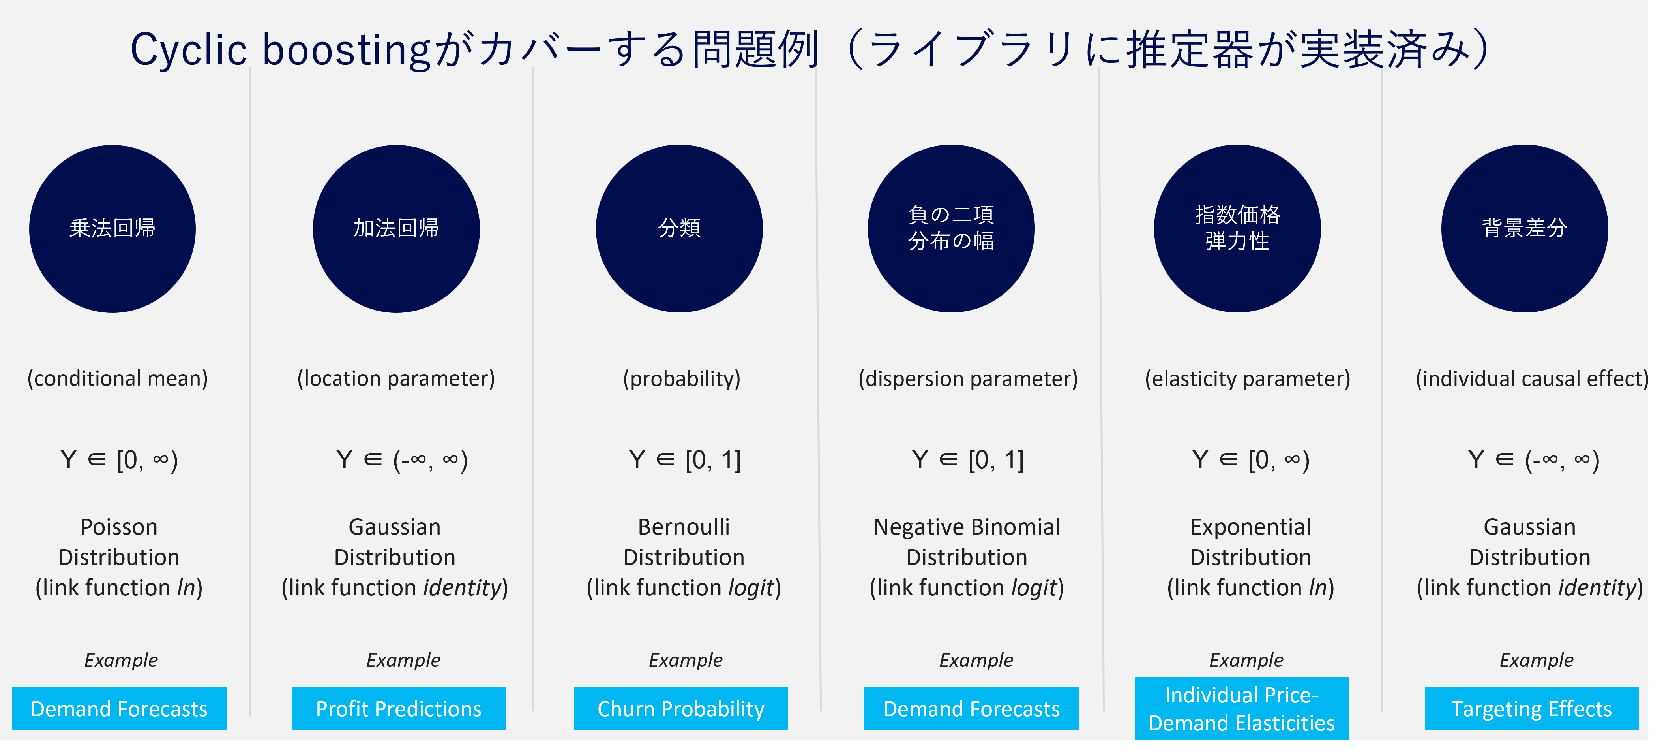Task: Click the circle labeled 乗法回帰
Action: click(x=112, y=229)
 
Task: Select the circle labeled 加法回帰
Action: click(x=396, y=229)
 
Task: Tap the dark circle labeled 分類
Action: click(x=679, y=229)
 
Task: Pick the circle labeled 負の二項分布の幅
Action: click(x=951, y=229)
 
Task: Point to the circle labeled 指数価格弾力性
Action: click(x=1237, y=229)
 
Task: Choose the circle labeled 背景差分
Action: click(x=1524, y=229)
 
